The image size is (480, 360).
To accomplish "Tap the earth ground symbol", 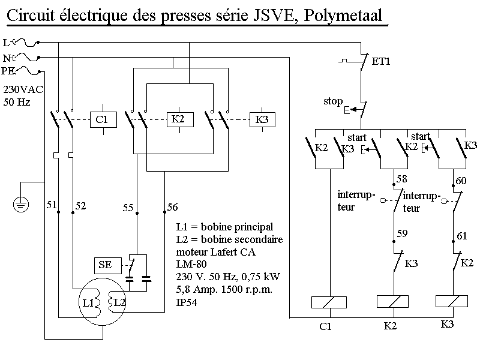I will (x=21, y=205).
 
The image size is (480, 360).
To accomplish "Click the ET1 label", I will (x=381, y=61).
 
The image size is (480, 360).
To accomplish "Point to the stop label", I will (x=333, y=101).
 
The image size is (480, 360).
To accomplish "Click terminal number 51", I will (x=52, y=206).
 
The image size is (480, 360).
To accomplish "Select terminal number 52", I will (x=80, y=206).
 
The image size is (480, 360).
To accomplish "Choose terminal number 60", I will (x=461, y=180).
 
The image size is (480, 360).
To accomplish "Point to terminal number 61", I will (x=461, y=236).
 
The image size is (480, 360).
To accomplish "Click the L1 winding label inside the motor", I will (x=89, y=303).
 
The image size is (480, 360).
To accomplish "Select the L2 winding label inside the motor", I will (x=119, y=303).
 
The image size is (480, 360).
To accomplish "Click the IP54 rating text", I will (x=187, y=303).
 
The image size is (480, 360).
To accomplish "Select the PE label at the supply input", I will (x=9, y=71).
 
